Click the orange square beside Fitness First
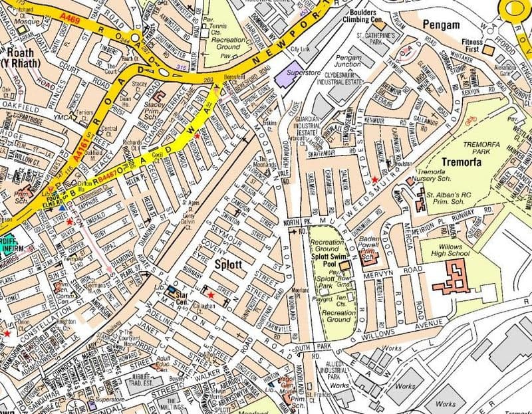click(488, 50)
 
